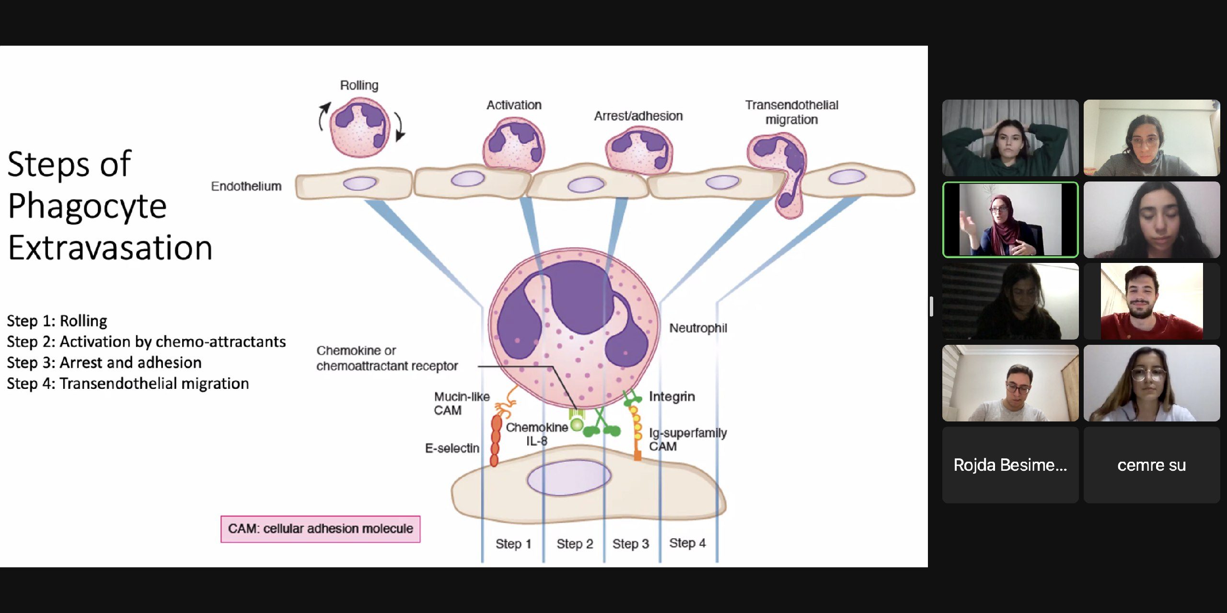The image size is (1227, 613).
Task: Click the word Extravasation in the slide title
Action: coord(110,248)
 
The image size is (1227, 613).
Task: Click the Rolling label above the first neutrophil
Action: coord(359,85)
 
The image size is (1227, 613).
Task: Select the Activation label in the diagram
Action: coord(514,105)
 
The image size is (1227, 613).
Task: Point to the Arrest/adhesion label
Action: coord(638,116)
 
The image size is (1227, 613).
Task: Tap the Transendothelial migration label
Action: coord(791,112)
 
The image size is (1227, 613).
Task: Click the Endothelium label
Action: coord(246,186)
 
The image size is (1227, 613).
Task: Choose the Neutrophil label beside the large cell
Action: coord(698,328)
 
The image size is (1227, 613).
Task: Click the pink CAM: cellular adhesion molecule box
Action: coord(320,529)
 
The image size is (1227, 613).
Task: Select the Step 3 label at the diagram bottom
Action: coord(630,544)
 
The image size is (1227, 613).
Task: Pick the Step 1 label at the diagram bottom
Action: coord(513,544)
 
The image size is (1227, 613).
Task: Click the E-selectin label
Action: coord(452,448)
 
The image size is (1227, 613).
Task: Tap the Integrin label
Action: coord(671,397)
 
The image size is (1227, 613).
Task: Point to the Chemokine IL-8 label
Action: coord(537,434)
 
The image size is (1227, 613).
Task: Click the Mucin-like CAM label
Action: coord(461,403)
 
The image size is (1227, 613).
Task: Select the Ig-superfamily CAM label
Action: coord(687,439)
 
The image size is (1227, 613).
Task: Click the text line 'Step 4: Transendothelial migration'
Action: coord(128,384)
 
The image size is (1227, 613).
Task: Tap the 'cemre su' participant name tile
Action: coord(1151,465)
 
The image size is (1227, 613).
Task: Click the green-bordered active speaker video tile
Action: coord(1010,220)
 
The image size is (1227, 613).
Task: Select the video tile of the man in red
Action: coord(1151,301)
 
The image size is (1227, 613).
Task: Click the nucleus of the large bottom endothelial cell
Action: coord(569,477)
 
